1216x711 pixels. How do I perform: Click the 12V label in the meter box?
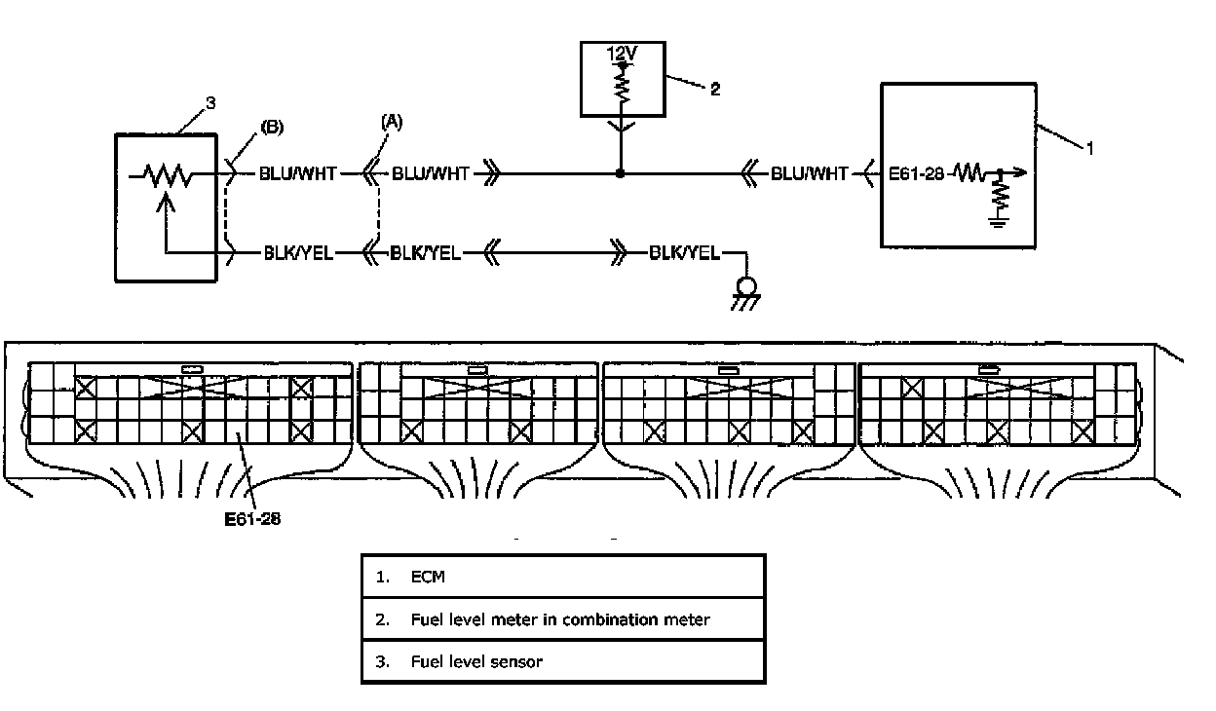tap(622, 54)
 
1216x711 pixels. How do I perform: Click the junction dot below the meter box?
tap(620, 173)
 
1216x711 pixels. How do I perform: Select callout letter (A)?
tap(392, 122)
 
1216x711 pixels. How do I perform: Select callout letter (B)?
tap(272, 127)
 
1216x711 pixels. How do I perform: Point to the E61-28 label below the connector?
tap(252, 519)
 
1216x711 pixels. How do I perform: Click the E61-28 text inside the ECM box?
tap(916, 173)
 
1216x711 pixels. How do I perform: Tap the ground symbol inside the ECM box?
tap(998, 221)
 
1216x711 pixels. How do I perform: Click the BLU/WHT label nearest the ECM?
tap(809, 173)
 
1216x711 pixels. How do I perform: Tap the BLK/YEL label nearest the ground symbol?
tap(685, 253)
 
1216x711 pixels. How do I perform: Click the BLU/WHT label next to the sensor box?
tap(297, 173)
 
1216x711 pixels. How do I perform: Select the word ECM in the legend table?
tap(428, 577)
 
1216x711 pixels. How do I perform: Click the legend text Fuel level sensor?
tap(476, 661)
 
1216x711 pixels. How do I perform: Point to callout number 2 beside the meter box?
tap(715, 89)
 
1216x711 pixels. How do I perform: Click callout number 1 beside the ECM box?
tap(1090, 148)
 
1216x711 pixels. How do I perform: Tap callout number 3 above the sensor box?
tap(210, 102)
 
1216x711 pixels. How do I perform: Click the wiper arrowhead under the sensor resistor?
tap(166, 203)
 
